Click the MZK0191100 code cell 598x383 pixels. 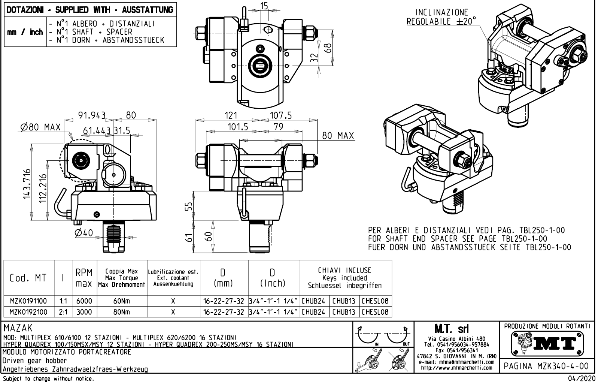point(28,301)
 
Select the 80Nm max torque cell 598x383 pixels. point(122,312)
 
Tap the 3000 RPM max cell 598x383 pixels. point(84,312)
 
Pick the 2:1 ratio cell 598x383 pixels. point(63,312)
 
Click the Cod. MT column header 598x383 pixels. point(28,278)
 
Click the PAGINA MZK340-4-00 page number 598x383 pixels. point(547,366)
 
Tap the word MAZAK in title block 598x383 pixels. point(18,328)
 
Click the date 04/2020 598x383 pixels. point(581,379)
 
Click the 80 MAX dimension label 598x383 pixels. point(338,136)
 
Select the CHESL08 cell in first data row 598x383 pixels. point(375,301)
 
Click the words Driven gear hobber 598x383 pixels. point(34,361)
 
